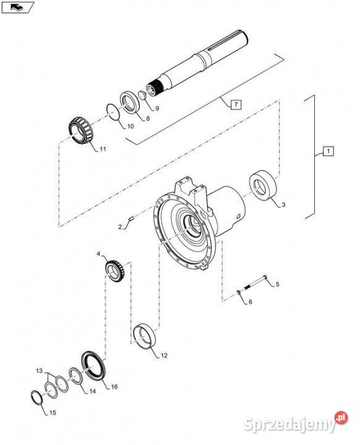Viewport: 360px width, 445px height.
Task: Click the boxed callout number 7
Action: pyautogui.click(x=236, y=105)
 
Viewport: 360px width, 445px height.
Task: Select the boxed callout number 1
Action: pyautogui.click(x=329, y=151)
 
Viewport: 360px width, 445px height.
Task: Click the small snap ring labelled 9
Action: pyautogui.click(x=142, y=95)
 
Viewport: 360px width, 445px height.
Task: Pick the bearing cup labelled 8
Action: pyautogui.click(x=130, y=102)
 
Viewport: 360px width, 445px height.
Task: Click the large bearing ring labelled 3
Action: pyautogui.click(x=263, y=185)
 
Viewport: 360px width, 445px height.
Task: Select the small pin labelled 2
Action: pyautogui.click(x=131, y=218)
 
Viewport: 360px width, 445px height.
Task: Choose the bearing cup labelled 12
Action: pyautogui.click(x=144, y=335)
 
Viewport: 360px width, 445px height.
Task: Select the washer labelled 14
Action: pyautogui.click(x=76, y=376)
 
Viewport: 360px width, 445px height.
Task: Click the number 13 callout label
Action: pyautogui.click(x=39, y=370)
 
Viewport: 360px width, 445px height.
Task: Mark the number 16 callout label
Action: pyautogui.click(x=114, y=386)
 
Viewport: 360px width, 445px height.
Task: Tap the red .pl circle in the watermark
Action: pyautogui.click(x=341, y=418)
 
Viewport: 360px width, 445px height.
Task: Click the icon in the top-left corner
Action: pyautogui.click(x=17, y=7)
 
